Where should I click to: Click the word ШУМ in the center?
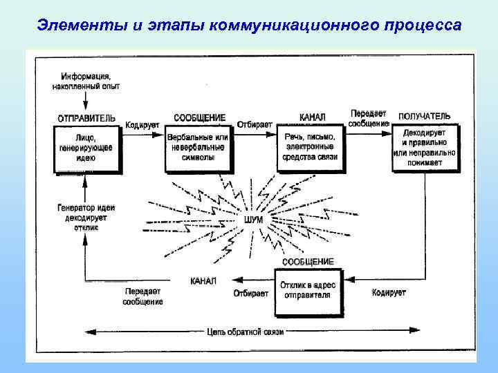pyautogui.click(x=253, y=220)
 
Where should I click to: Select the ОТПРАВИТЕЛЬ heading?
pyautogui.click(x=86, y=117)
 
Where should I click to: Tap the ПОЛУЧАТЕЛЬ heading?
pyautogui.click(x=424, y=115)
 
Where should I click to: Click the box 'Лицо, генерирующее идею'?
pyautogui.click(x=86, y=148)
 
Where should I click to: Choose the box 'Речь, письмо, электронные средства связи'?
pyautogui.click(x=310, y=147)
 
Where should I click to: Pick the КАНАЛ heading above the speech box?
pyautogui.click(x=313, y=117)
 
